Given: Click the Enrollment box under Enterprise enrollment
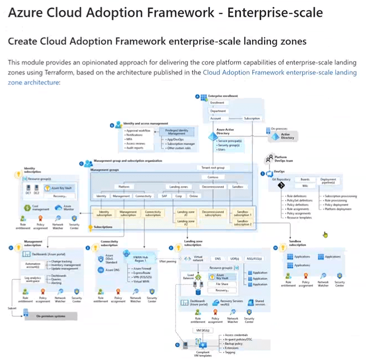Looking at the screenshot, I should click(218, 103).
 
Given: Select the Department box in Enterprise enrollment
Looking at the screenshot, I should click(218, 110).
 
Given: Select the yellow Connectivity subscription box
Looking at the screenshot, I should click(152, 213).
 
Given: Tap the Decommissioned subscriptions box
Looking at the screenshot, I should click(213, 213).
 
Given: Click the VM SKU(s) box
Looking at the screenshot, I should click(201, 330).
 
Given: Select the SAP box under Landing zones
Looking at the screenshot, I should click(165, 196).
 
